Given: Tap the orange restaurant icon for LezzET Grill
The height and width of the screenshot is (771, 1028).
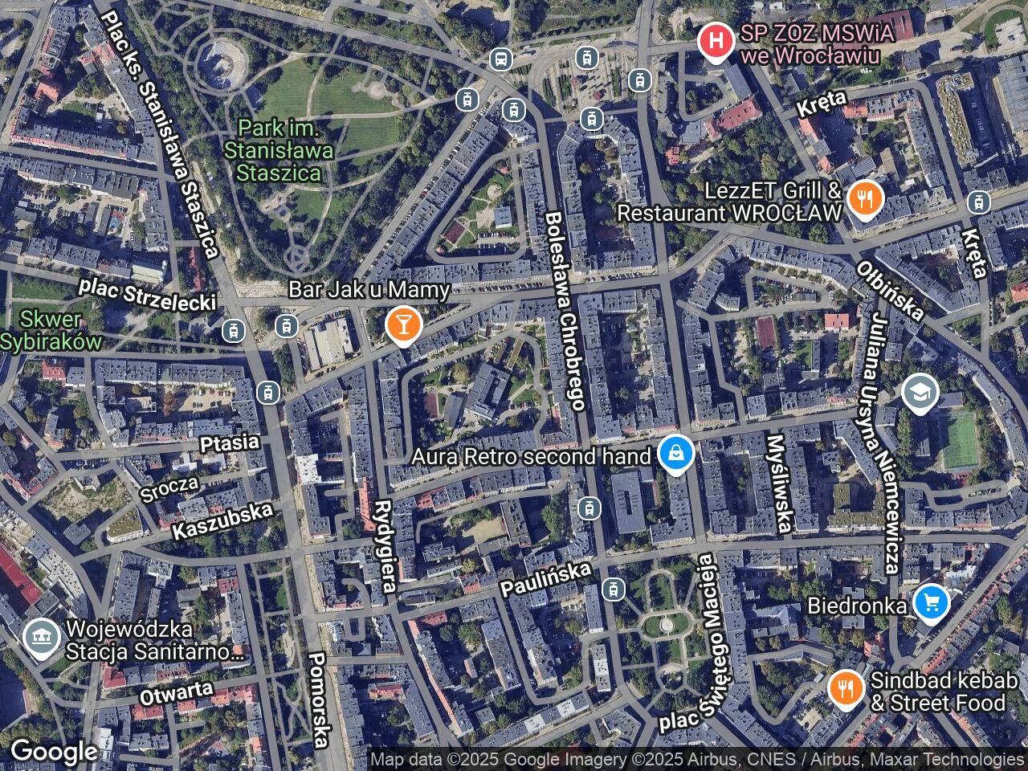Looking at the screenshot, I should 864,200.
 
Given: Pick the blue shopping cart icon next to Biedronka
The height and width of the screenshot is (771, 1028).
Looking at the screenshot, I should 930,603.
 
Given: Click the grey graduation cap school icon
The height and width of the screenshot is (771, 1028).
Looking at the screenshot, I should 920,394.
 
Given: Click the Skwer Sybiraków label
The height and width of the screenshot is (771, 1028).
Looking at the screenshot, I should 51,330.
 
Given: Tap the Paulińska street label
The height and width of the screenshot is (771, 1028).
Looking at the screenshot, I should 545,578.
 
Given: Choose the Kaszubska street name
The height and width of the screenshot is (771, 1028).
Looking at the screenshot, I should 222,520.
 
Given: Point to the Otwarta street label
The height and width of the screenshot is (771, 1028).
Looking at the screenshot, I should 177,693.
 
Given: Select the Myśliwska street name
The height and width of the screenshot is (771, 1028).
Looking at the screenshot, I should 778,483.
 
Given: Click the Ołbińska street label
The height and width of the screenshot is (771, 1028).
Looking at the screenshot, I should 890,290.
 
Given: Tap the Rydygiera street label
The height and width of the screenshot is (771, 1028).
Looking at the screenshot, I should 385,546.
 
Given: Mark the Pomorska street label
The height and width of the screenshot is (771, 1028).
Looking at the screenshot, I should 320,699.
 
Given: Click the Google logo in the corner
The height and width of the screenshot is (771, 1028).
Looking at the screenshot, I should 54,752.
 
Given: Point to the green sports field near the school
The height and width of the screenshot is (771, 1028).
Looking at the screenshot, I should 961,440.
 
